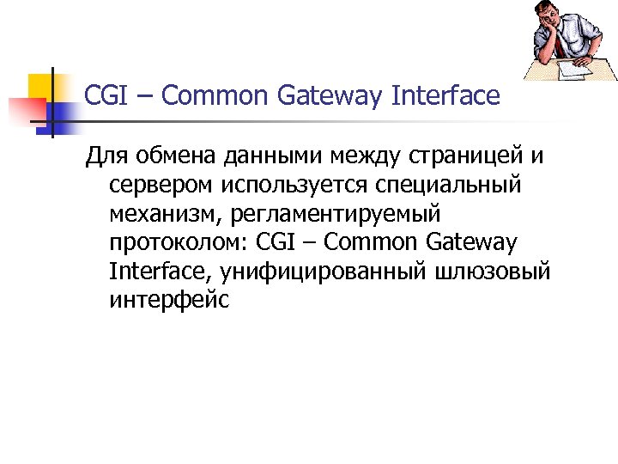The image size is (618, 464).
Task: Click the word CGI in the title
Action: click(105, 95)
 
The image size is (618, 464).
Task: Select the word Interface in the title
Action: click(445, 95)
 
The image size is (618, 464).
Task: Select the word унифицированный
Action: click(329, 272)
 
